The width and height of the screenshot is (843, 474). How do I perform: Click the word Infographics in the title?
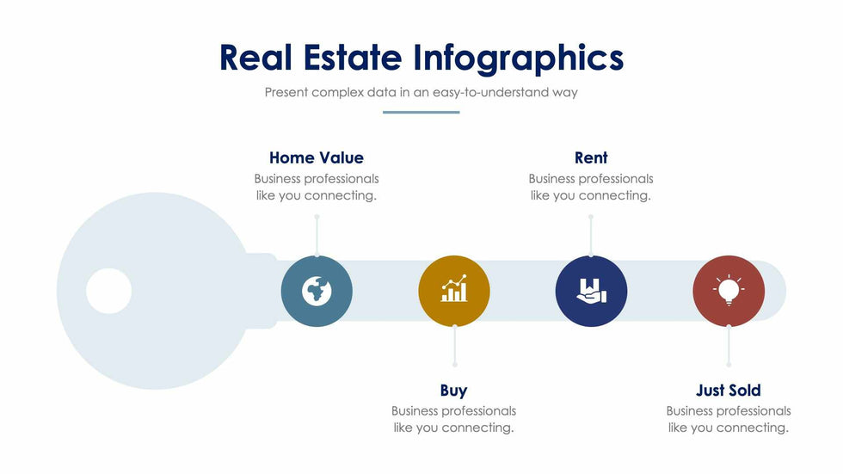click(x=518, y=58)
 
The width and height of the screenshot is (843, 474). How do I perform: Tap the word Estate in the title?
click(x=352, y=57)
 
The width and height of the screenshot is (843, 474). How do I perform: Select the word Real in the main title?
click(x=255, y=57)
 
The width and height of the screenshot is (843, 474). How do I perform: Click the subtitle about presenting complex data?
click(x=421, y=92)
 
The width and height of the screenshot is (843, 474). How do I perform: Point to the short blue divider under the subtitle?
click(x=421, y=113)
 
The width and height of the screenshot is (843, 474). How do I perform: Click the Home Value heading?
click(x=317, y=157)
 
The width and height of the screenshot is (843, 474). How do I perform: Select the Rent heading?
click(x=591, y=157)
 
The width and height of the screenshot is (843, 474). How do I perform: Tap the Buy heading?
click(x=454, y=391)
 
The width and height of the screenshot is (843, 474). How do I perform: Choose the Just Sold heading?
click(x=729, y=391)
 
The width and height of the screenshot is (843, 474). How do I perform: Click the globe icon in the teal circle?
click(x=317, y=292)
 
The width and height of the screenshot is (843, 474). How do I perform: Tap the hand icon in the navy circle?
click(x=591, y=291)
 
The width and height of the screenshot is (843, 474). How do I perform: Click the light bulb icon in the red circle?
click(x=729, y=290)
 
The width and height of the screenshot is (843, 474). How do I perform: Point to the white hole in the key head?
click(x=109, y=291)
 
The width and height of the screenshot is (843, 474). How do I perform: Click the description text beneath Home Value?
click(x=317, y=187)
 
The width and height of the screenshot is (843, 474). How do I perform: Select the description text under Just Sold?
click(x=729, y=419)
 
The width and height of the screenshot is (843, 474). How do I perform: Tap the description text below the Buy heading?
click(x=454, y=419)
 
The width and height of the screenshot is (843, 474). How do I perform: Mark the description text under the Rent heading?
click(x=591, y=187)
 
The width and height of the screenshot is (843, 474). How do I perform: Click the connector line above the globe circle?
click(x=317, y=236)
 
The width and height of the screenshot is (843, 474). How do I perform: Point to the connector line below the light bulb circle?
click(x=729, y=345)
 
